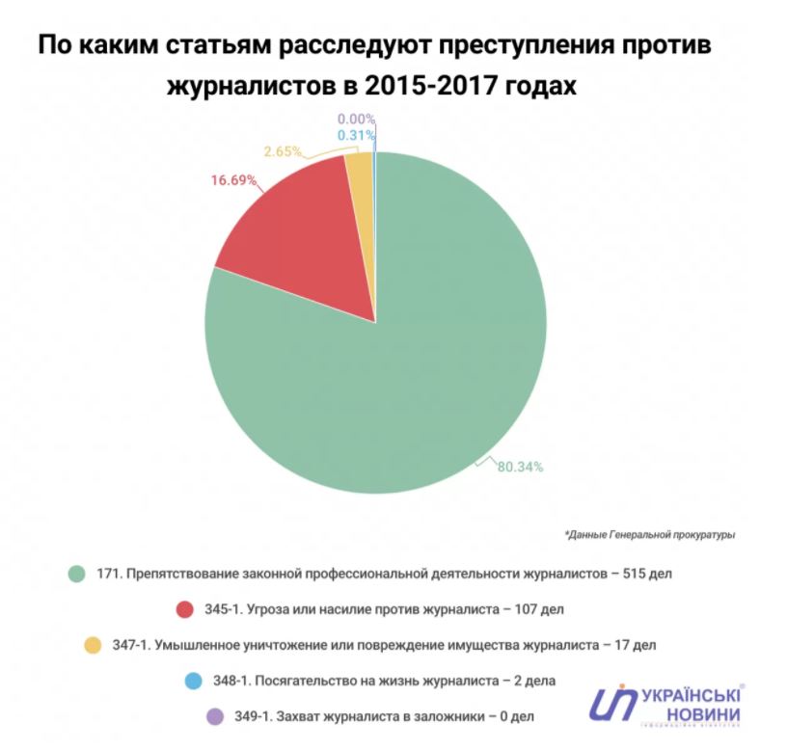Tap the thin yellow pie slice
click(x=360, y=193)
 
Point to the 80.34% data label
click(x=521, y=467)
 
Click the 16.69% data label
click(x=232, y=180)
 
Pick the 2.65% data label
click(x=283, y=151)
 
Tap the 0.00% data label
click(x=356, y=120)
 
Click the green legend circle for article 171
click(x=77, y=574)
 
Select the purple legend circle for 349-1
click(x=215, y=716)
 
